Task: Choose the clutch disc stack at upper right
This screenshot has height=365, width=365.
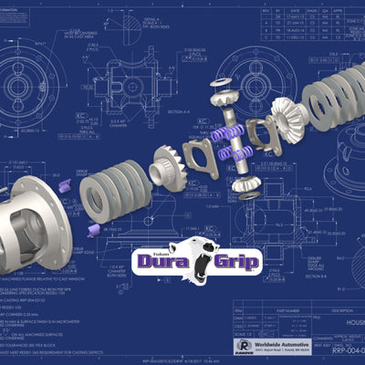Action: (328, 90)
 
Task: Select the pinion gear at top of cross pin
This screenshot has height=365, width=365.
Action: (222, 99)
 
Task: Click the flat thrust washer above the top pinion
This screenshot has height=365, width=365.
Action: (219, 84)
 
